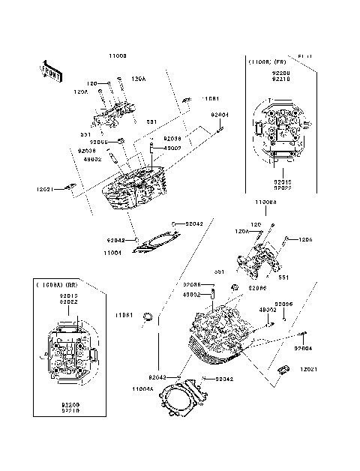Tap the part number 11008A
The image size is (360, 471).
tap(266, 202)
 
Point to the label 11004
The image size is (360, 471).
tap(112, 253)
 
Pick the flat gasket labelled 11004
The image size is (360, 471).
tap(157, 241)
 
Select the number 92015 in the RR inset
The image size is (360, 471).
tap(67, 295)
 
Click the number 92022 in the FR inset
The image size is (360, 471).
tap(282, 187)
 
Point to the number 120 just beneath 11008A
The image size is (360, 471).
tap(255, 224)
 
